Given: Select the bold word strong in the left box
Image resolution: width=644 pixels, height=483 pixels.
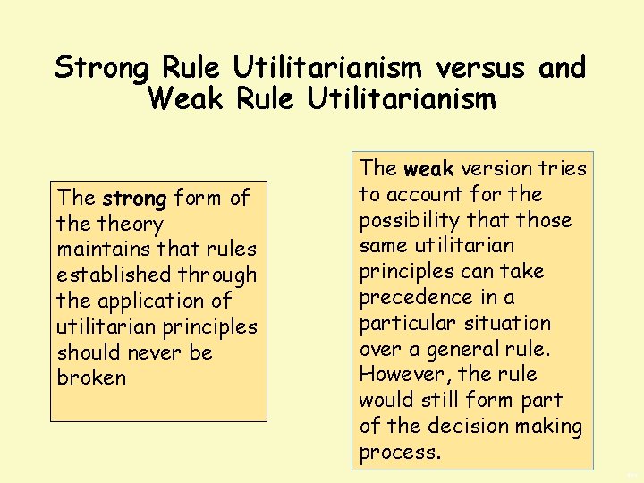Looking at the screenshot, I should pos(134,198).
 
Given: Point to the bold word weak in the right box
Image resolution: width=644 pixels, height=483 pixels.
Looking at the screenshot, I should pos(429,168).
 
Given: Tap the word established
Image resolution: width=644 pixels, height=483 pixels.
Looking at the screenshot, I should pos(112,275).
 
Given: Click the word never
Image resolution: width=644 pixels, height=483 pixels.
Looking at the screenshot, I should pos(157,352).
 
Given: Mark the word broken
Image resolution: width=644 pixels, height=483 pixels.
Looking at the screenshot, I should pos(92,377).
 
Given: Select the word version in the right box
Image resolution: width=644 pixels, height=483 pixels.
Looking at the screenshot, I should pos(492,168).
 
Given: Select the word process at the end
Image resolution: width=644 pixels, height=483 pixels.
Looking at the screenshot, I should pos(398,452).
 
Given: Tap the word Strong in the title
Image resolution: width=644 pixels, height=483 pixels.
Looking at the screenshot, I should pos(104,67).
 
